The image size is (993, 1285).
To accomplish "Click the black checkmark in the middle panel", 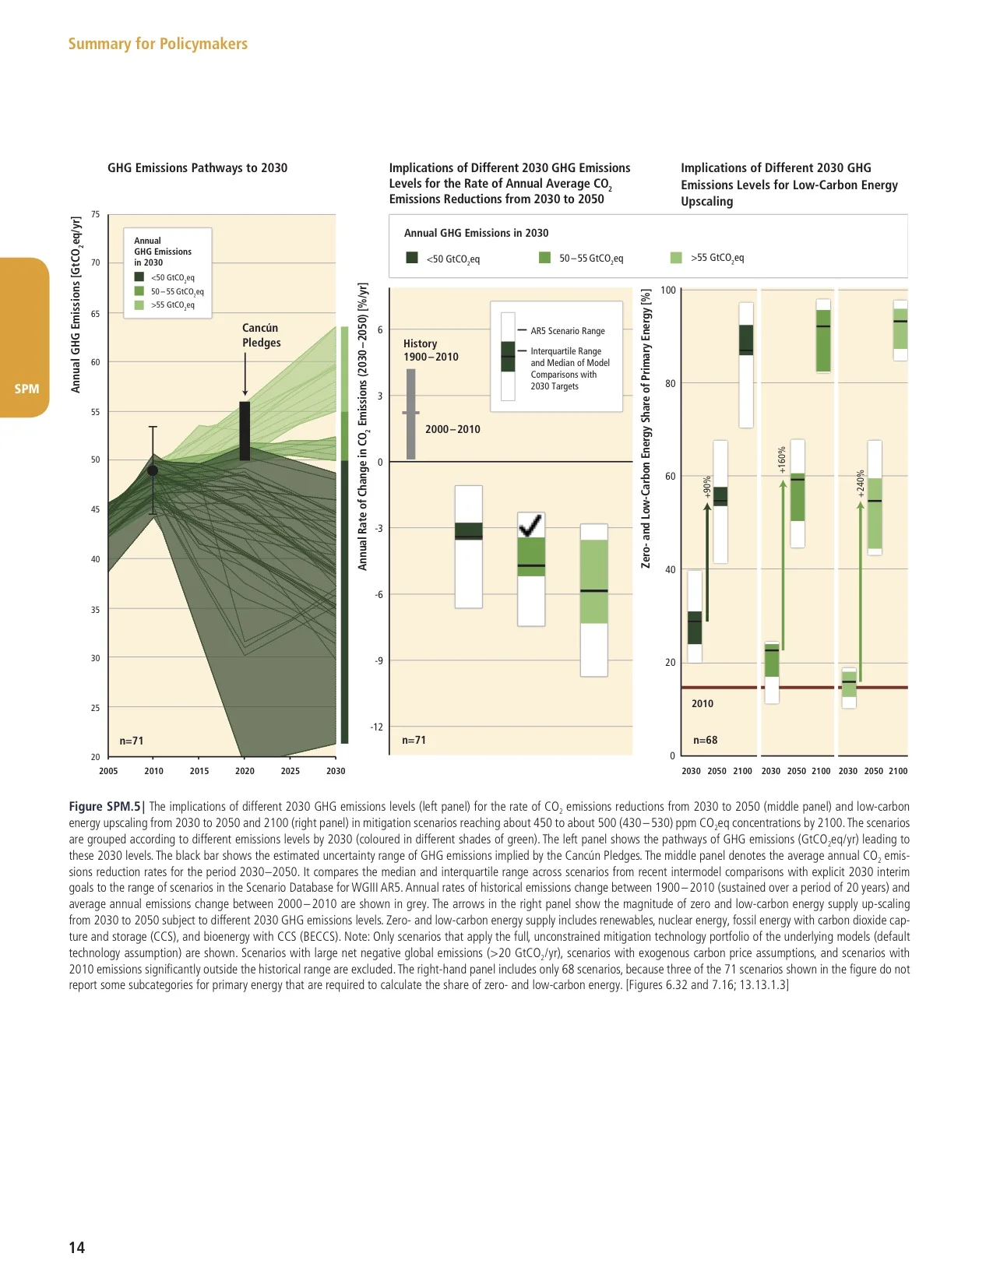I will (530, 526).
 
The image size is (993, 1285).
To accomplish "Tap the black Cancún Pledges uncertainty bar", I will (245, 431).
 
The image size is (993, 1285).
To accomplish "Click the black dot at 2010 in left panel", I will (153, 470).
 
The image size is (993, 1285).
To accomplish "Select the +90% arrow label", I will (707, 487).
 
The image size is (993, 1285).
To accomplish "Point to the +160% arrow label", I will (782, 459).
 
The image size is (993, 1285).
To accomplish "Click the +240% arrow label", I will (861, 483).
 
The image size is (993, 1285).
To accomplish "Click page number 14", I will (76, 1247).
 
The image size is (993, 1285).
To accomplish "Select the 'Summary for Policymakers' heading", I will (157, 44).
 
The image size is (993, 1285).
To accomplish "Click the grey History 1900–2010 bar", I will (411, 414).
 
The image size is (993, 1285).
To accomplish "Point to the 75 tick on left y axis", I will (95, 214).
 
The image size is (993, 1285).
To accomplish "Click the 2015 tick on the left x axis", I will (199, 771).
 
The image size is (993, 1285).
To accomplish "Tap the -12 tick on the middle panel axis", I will (376, 727).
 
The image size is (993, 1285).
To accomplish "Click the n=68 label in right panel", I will (705, 740).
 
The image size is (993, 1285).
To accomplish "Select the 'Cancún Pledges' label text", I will (261, 335).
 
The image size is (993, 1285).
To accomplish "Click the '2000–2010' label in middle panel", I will (452, 429).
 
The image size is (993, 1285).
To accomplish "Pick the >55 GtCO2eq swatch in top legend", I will (676, 258).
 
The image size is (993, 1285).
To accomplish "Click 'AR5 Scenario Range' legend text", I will (567, 331).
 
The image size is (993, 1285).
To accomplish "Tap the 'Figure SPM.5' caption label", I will (106, 807).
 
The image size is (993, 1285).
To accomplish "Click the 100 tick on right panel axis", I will (668, 290).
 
